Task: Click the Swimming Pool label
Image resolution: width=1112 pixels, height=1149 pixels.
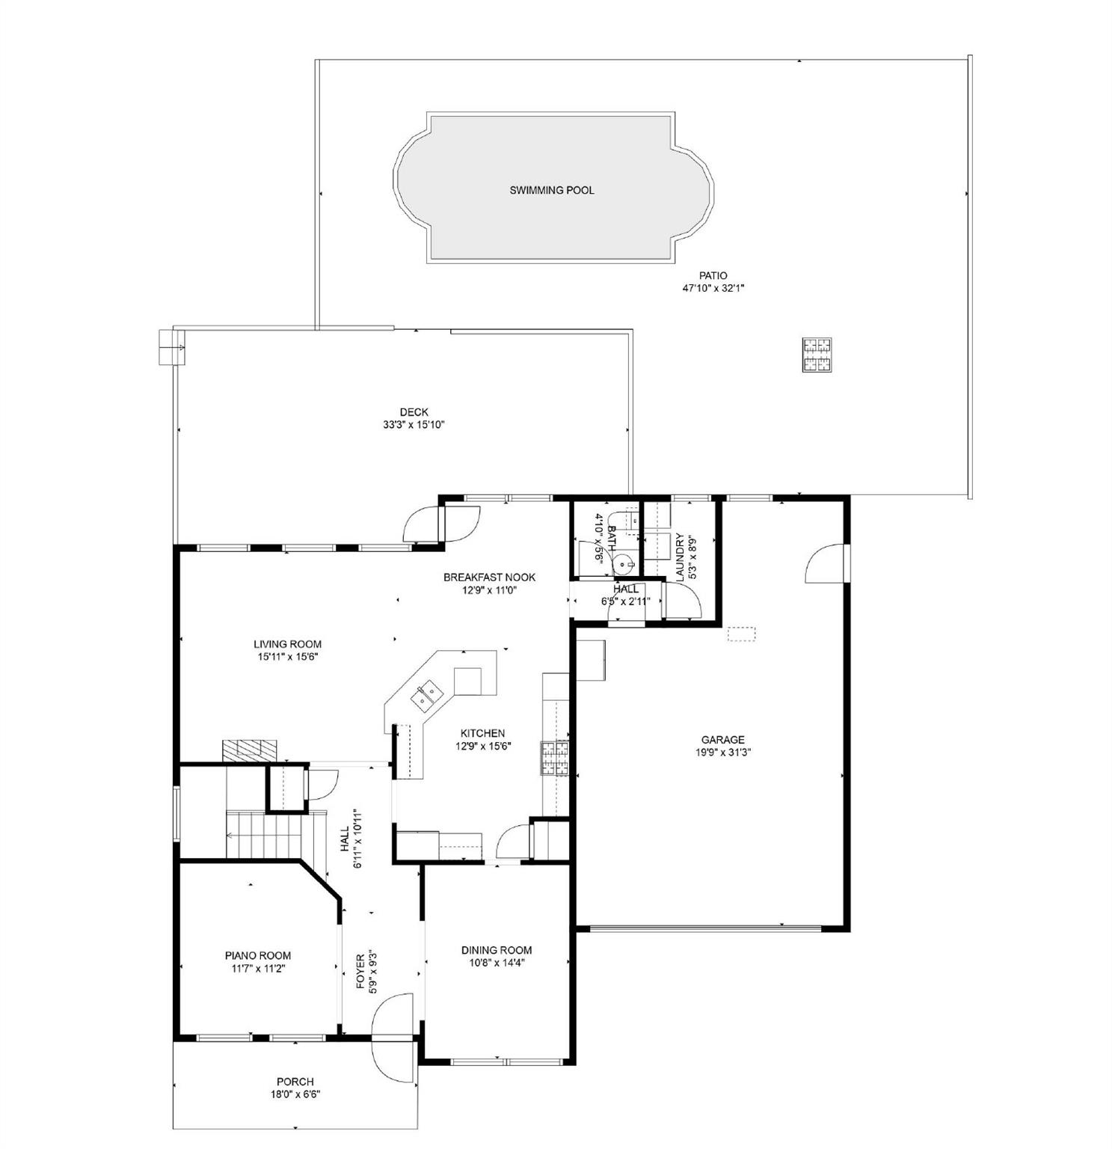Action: [551, 190]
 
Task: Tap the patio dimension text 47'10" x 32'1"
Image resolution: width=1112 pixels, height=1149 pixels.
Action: [713, 287]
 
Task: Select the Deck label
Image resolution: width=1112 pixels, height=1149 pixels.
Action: [414, 412]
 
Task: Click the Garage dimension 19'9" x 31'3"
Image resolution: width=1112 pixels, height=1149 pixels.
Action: [722, 753]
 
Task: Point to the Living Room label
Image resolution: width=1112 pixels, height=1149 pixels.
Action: [287, 644]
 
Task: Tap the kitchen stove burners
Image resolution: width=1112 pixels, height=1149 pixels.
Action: [555, 757]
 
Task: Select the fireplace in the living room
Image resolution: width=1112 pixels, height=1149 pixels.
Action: [249, 750]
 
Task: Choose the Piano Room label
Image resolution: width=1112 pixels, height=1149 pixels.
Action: [258, 955]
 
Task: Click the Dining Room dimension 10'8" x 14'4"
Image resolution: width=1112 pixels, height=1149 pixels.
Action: [497, 963]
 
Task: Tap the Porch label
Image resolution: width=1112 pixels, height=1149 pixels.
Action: [295, 1082]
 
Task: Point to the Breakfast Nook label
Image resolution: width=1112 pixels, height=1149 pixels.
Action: [489, 577]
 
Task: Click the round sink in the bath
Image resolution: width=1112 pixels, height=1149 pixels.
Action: [625, 562]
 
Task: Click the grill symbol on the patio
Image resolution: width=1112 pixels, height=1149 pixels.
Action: [817, 355]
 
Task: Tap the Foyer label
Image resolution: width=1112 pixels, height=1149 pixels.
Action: [360, 971]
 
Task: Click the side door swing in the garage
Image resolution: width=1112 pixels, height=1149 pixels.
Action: [825, 563]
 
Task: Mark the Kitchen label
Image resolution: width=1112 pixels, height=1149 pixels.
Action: [482, 733]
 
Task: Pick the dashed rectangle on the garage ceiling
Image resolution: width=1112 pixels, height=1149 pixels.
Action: [742, 634]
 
